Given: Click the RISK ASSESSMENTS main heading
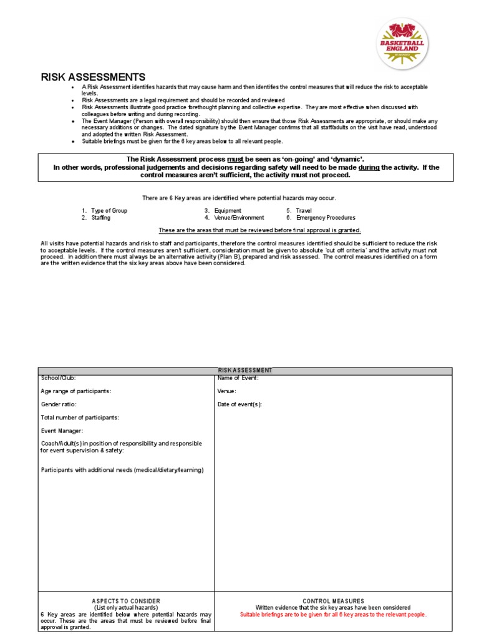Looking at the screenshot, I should (x=93, y=77).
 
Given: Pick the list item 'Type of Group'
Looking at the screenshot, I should (x=109, y=211).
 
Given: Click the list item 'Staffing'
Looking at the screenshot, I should (x=100, y=218).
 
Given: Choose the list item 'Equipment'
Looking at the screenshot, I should (x=228, y=211).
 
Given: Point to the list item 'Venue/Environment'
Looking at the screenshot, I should (x=239, y=218).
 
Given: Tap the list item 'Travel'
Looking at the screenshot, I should (x=304, y=211).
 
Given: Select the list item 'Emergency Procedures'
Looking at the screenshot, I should (x=326, y=218).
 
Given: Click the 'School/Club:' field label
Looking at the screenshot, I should (x=59, y=378).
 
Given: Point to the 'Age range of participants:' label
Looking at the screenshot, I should (x=76, y=391).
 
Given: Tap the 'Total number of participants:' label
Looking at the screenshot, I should (x=80, y=417).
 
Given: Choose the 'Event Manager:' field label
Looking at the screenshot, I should (x=62, y=431).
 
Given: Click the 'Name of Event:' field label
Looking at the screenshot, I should (x=238, y=378).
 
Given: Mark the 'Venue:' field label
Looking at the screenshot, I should (x=226, y=391).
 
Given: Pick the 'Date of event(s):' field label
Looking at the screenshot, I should (x=239, y=404).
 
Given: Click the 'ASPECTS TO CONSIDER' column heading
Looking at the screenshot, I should (x=126, y=601).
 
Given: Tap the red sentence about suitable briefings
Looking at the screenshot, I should (x=333, y=615).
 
